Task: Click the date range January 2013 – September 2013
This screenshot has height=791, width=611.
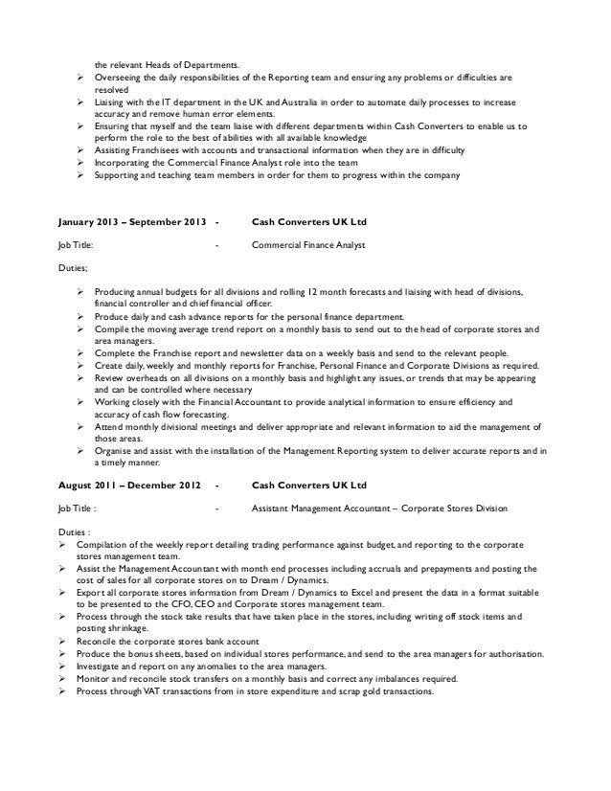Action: [130, 222]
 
